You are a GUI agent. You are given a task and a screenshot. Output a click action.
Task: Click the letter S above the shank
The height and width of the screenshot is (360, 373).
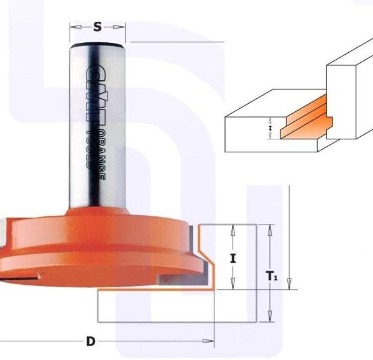point(98,27)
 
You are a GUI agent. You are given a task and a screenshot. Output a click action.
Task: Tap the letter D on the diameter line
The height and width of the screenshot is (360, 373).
point(91,341)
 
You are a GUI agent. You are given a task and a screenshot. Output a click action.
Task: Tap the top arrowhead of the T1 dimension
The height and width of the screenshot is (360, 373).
point(269,228)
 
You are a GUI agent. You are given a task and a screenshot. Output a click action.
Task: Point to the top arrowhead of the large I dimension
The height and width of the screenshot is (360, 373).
point(233,228)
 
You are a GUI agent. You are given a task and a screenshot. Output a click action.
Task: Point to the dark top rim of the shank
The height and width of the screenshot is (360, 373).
point(98,45)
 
